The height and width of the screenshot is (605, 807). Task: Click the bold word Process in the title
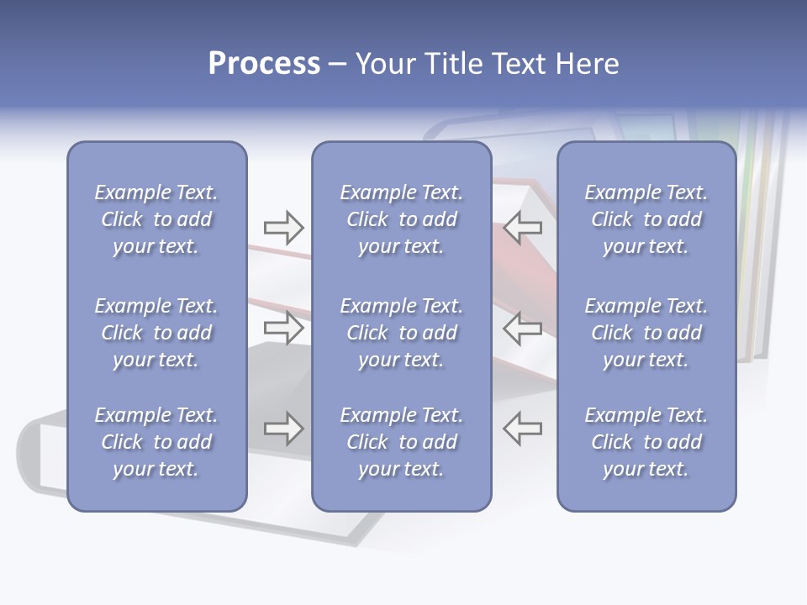pos(264,64)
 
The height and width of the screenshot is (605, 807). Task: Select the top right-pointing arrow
pos(283,228)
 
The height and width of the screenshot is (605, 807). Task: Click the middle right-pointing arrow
pos(283,328)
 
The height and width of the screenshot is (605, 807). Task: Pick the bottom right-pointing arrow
pos(283,429)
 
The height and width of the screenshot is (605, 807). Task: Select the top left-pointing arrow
pos(523,228)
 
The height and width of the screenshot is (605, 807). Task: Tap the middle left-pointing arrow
pos(523,328)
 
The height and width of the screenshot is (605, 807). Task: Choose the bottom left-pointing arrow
pos(523,429)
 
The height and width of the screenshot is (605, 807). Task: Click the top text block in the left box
pos(156,219)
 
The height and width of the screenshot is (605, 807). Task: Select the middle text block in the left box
pos(156,333)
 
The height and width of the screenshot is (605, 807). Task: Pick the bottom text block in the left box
pos(156,442)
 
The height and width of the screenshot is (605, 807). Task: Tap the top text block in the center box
pos(401,219)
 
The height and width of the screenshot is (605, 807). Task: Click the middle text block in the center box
pos(401,333)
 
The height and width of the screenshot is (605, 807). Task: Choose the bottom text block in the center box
pos(401,442)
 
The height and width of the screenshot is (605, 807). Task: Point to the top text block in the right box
pos(646,219)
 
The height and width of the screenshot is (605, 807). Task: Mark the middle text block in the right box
pos(646,333)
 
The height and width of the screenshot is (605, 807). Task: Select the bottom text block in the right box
pos(646,442)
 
